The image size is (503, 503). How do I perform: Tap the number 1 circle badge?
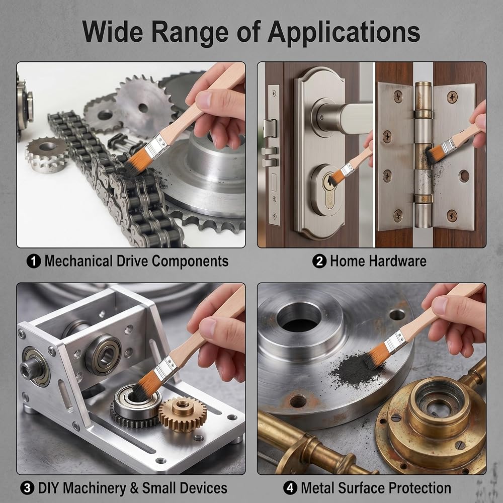tap(34, 261)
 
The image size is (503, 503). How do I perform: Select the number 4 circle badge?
tap(290, 488)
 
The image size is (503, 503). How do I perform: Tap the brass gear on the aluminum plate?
tap(183, 414)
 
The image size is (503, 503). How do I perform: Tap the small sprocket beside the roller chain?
tap(46, 154)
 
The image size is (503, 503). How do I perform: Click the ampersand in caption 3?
tap(134, 488)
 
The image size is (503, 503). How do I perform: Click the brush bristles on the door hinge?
tap(434, 153)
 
